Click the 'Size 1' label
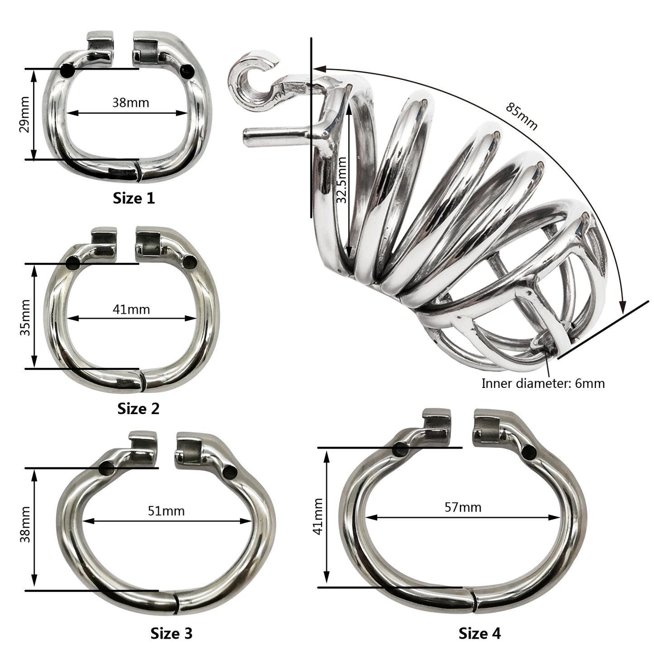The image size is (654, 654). (x=134, y=198)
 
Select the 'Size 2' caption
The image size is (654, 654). (x=138, y=409)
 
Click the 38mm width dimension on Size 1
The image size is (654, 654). (x=131, y=102)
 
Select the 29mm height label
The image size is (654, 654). (x=25, y=115)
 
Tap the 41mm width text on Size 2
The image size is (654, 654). (x=131, y=309)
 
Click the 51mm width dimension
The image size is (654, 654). (x=166, y=511)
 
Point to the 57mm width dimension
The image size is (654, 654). (x=463, y=507)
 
